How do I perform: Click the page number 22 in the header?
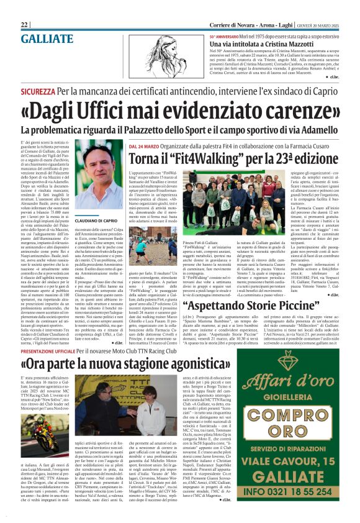pyautogui.click(x=25, y=24)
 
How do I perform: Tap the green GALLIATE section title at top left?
pyautogui.click(x=47, y=39)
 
